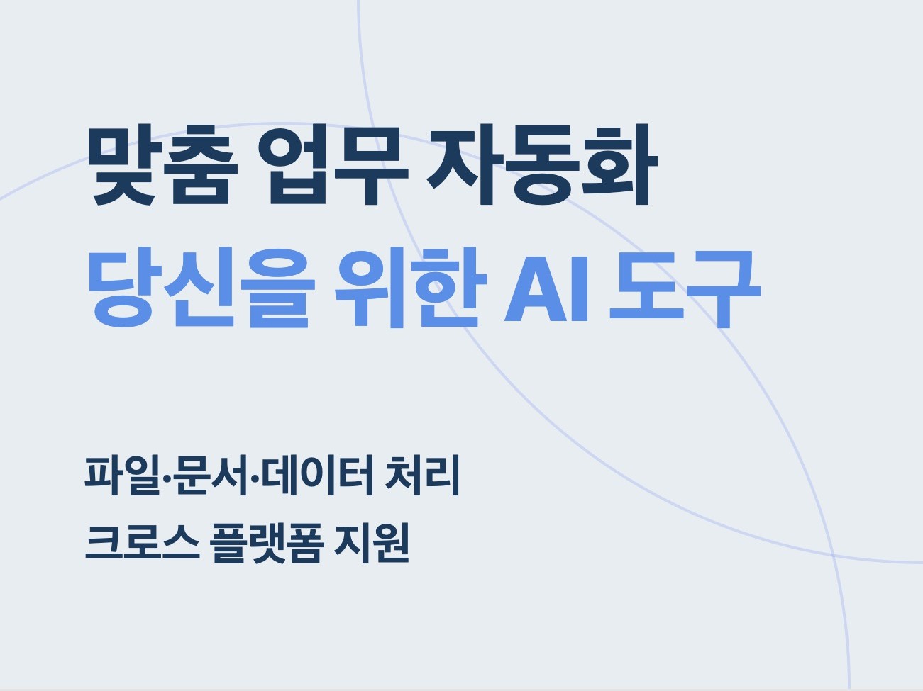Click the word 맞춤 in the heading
[162, 166]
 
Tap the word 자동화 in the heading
[542, 166]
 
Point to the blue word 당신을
[199, 289]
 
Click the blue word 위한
[409, 289]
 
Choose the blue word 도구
[684, 289]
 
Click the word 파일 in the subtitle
[123, 476]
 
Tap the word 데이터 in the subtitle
[317, 476]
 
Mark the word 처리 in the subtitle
[422, 476]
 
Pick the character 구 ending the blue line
[722, 289]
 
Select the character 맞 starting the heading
[123, 166]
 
